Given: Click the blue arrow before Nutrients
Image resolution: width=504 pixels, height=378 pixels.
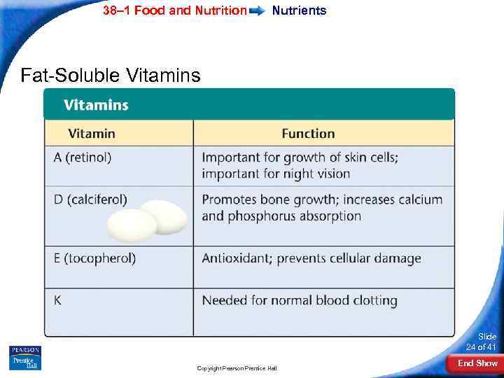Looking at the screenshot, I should coord(258,11).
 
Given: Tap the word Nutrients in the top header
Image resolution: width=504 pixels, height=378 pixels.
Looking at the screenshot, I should coord(299,10).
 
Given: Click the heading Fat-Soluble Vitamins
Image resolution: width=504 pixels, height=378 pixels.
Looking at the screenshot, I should coord(111,75).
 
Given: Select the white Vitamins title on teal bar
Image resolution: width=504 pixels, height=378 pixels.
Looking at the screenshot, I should coord(96,105).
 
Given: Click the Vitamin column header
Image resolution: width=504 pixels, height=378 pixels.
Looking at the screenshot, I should coord(92,133).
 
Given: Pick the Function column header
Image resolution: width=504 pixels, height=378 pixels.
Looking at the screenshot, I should coord(308,133).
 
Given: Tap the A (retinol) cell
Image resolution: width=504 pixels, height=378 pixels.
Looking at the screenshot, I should coord(83,157).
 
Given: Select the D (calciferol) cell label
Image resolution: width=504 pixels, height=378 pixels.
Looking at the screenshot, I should coord(91,199).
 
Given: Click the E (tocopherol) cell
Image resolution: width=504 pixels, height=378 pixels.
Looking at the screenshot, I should coord(95,258).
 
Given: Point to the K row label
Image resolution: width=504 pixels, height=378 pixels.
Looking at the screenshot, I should coord(57,300).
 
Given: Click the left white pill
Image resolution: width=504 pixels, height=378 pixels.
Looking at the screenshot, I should coord(132,225).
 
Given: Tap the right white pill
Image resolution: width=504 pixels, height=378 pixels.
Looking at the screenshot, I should coord(165,217).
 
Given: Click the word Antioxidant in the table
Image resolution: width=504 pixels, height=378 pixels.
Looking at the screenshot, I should coord(236,258).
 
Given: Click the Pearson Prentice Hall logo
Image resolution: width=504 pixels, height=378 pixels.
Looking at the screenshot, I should coord(25,357).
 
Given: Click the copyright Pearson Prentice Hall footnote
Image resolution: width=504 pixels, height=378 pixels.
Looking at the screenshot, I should coord(237,367).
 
